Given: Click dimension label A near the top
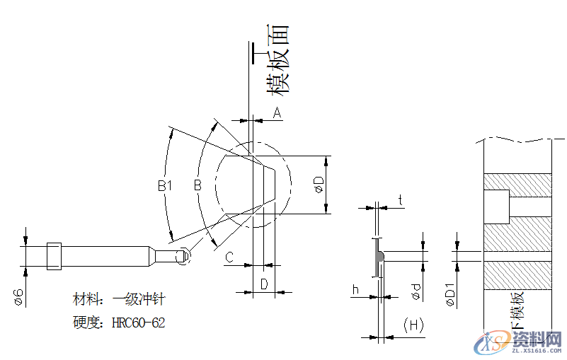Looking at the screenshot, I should click(277, 112).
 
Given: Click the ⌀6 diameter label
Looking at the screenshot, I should click(19, 297).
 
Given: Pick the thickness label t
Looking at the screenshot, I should click(401, 201).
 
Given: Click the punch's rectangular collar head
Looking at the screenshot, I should click(53, 256).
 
